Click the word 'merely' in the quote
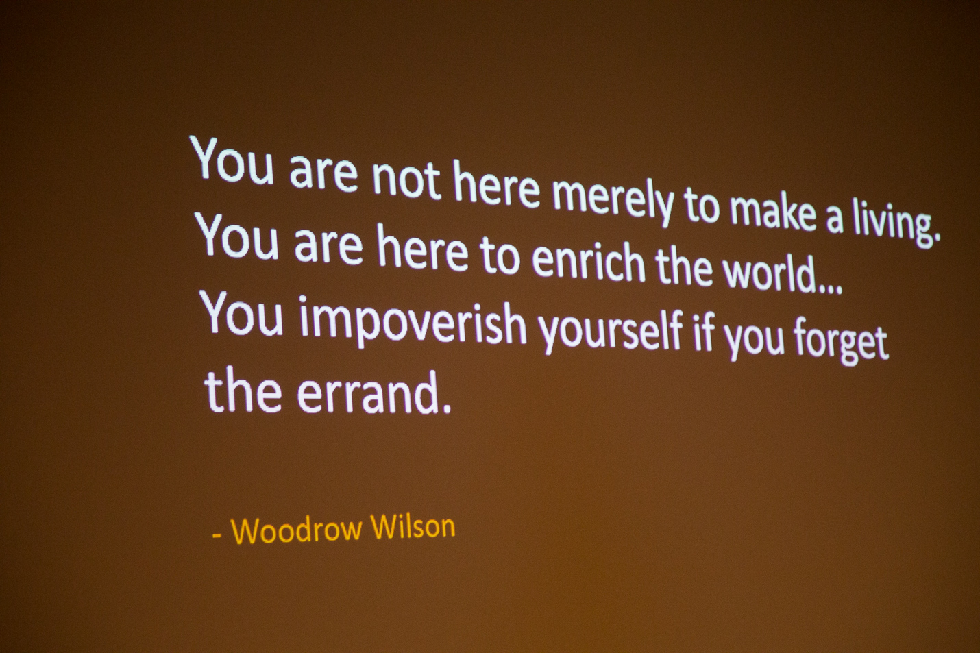pos(613,200)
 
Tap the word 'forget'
pos(841,341)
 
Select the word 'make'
pos(772,212)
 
